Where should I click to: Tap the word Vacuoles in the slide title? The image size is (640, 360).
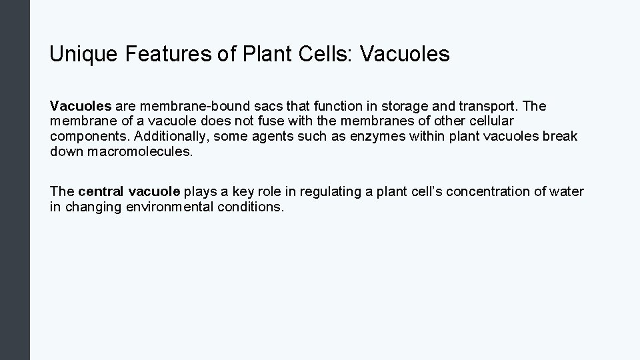pyautogui.click(x=404, y=55)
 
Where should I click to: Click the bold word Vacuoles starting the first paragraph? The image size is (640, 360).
pyautogui.click(x=81, y=106)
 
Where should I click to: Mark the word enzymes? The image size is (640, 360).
pyautogui.click(x=347, y=136)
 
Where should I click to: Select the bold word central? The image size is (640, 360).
pyautogui.click(x=101, y=192)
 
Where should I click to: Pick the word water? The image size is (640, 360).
pyautogui.click(x=567, y=192)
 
